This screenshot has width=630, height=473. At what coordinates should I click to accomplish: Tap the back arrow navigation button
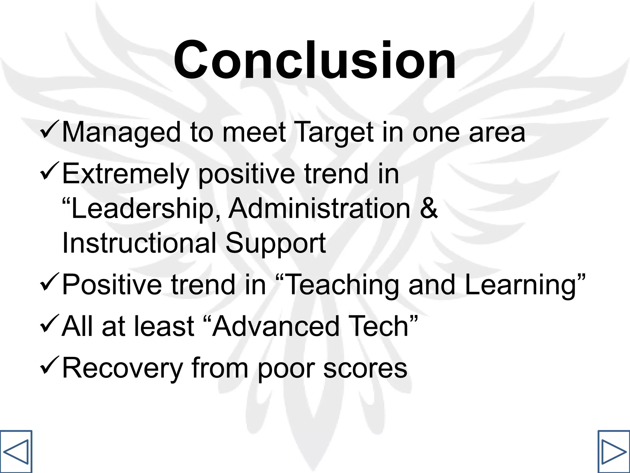[x=16, y=451]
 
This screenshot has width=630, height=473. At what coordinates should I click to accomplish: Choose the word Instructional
[x=139, y=243]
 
